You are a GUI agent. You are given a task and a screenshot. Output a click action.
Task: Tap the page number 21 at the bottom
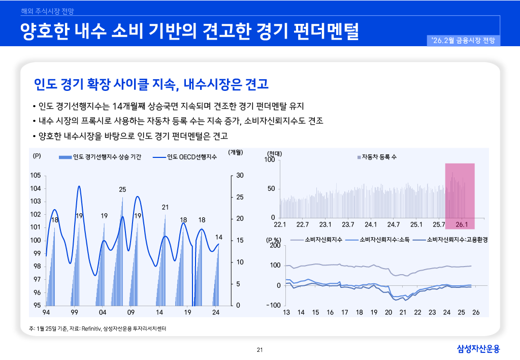pos(259,349)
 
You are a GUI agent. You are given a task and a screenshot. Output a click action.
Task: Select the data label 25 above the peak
pos(122,189)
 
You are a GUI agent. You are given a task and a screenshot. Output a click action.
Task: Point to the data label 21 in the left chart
pos(165,207)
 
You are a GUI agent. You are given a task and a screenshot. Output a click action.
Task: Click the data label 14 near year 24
pos(219,237)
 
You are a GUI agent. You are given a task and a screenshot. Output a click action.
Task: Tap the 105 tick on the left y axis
pos(35,176)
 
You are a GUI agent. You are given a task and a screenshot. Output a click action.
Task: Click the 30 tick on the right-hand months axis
pos(240,176)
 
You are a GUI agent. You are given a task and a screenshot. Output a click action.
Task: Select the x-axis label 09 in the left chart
pos(131,312)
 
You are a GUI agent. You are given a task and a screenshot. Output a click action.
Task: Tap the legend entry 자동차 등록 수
pos(379,157)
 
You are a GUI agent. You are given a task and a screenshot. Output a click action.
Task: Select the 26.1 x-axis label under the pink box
pos(462,224)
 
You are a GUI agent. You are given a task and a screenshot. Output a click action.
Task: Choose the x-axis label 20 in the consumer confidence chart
pos(388,312)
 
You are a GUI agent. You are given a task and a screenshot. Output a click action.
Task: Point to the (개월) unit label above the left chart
pos(236,152)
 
